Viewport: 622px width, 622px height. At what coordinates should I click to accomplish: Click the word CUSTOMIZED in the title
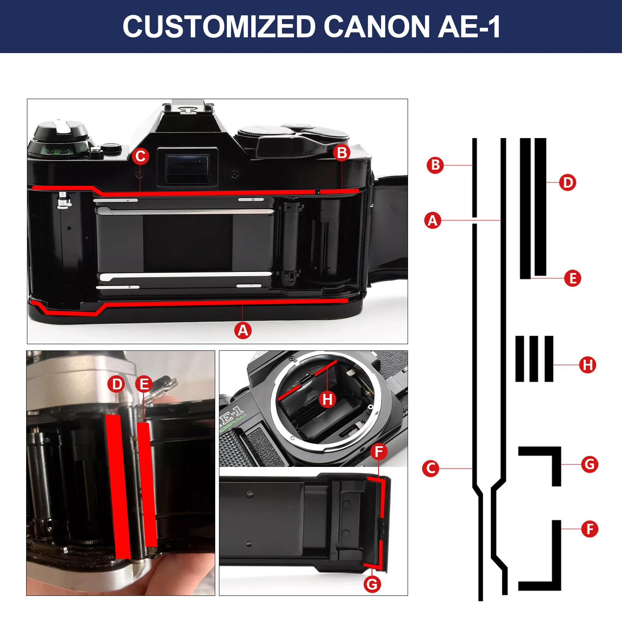[219, 27]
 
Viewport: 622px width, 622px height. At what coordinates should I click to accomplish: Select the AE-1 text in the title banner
[469, 27]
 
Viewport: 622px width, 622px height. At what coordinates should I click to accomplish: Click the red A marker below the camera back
[243, 330]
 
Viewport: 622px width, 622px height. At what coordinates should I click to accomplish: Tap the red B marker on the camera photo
[342, 153]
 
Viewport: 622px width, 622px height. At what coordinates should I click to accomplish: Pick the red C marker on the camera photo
[141, 156]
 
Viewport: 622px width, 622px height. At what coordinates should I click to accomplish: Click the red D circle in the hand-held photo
[117, 384]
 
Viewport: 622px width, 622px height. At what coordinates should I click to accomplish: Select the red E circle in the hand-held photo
[144, 384]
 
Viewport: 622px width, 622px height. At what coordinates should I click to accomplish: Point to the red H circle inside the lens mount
[328, 399]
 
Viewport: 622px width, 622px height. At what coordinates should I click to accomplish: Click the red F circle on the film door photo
[379, 452]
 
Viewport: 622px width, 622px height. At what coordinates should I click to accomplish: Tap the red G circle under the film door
[372, 584]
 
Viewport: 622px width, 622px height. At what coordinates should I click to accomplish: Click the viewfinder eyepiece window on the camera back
[187, 168]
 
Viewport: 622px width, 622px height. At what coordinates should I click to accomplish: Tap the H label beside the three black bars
[588, 365]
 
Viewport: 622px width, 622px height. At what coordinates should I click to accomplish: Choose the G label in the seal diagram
[590, 464]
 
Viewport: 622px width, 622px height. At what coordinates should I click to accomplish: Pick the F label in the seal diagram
[590, 529]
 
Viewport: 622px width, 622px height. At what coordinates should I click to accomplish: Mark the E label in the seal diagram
[573, 278]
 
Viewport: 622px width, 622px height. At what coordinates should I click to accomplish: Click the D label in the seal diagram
[568, 182]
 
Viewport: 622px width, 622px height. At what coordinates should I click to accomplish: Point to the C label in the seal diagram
[430, 469]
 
